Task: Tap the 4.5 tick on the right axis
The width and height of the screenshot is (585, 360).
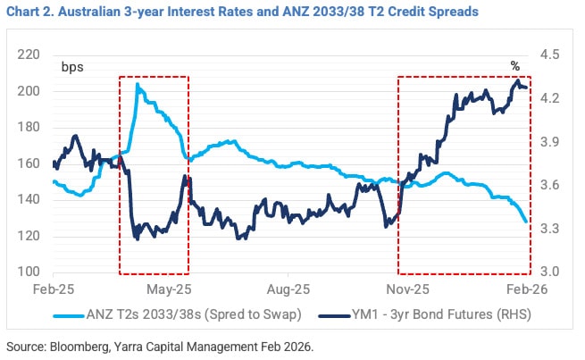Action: coord(550,55)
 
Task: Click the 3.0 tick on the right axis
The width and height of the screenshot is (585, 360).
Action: coord(550,272)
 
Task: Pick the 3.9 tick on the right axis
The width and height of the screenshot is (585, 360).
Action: coord(550,142)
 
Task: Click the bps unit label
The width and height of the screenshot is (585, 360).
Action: coord(71,66)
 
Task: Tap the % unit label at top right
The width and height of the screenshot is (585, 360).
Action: coord(514,66)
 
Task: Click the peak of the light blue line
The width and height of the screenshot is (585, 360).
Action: coord(138,84)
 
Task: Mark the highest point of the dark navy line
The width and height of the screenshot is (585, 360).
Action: coord(518,80)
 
